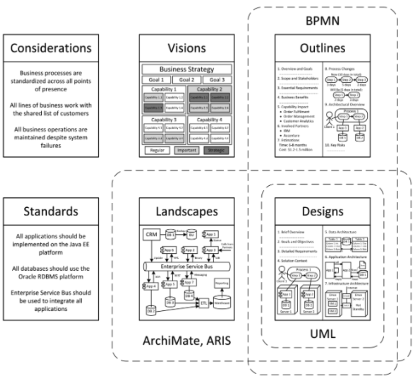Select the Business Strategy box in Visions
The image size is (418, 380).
click(x=187, y=69)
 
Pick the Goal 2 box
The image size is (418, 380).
click(x=187, y=80)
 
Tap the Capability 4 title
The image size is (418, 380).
click(x=211, y=120)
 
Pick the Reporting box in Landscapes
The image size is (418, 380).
click(x=221, y=282)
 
